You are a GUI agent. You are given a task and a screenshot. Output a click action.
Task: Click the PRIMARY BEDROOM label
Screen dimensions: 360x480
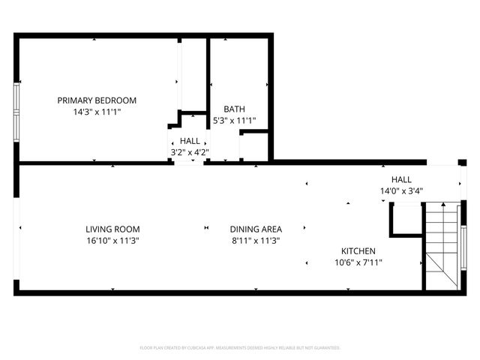(x=97, y=100)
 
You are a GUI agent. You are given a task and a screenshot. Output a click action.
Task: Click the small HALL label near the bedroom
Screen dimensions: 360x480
(x=190, y=141)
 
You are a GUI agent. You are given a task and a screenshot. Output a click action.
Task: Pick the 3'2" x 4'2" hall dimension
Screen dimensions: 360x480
(x=190, y=152)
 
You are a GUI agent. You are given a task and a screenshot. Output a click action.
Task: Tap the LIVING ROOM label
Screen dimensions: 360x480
(x=112, y=229)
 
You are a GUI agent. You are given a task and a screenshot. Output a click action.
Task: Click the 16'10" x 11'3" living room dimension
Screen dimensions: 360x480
(x=112, y=241)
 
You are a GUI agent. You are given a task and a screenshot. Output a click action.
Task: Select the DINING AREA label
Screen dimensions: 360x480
(x=256, y=229)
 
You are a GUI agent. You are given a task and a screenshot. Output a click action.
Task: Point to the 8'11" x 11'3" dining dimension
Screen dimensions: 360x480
(x=256, y=241)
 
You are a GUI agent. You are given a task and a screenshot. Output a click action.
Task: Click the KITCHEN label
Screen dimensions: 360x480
(x=358, y=251)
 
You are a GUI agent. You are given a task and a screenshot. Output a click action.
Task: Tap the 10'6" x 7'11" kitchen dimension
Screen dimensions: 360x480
(x=358, y=262)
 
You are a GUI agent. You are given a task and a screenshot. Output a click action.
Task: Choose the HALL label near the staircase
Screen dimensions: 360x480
(x=401, y=180)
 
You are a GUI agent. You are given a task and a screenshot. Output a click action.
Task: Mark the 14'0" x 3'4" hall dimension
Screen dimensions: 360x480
(x=401, y=190)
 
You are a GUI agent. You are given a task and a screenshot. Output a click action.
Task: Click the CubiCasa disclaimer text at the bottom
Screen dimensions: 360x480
(x=240, y=348)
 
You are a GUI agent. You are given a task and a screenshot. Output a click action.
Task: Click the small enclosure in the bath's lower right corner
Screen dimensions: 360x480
(x=254, y=146)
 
